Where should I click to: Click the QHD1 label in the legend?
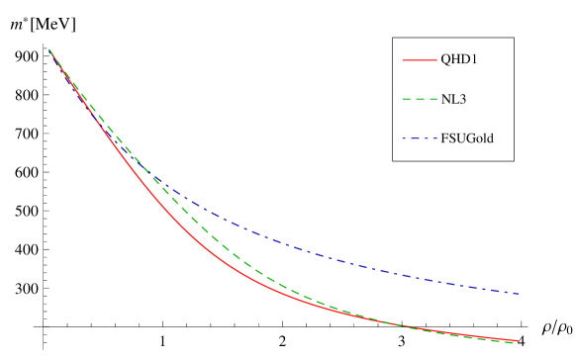point(460,60)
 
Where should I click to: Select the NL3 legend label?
point(453,99)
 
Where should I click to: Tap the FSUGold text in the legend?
point(467,137)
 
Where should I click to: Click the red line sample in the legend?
point(420,60)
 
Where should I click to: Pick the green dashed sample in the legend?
point(420,99)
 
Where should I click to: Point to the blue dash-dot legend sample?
point(420,137)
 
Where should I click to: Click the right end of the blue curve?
point(521,293)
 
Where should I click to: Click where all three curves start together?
point(49,49)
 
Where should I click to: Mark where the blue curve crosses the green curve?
point(158,181)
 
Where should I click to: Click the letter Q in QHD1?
point(446,60)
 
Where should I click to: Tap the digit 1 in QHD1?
point(475,60)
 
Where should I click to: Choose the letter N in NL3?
point(445,99)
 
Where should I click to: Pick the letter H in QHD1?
point(456,60)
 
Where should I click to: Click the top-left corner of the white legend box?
point(393,38)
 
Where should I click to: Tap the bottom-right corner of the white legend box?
point(514,160)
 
